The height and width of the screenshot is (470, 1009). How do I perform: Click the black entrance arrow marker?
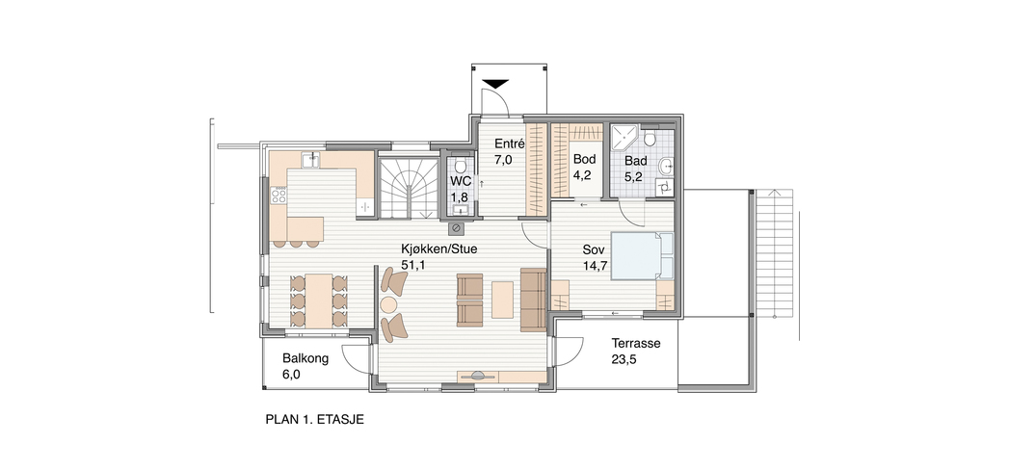pos(496,84)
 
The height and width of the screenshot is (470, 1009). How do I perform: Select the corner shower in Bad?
pos(624,137)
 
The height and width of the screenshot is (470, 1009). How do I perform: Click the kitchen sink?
pos(311,160)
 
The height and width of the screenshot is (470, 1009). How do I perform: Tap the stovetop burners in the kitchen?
pos(279,195)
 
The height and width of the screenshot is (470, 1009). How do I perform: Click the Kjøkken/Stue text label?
pos(438,248)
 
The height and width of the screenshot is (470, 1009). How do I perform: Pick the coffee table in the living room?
pos(502,300)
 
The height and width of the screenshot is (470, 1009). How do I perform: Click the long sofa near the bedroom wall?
pos(533,300)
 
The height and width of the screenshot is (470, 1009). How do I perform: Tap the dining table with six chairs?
pos(319,300)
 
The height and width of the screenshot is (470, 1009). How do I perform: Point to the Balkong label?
pos(305,359)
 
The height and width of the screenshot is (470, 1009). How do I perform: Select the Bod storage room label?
pos(584,159)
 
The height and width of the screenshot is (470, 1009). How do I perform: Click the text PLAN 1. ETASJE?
pos(315,420)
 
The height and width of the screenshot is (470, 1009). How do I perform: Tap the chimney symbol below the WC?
pos(456,228)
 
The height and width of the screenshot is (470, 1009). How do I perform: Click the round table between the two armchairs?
pos(388,303)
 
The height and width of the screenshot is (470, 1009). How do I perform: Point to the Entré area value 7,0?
pos(504,160)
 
